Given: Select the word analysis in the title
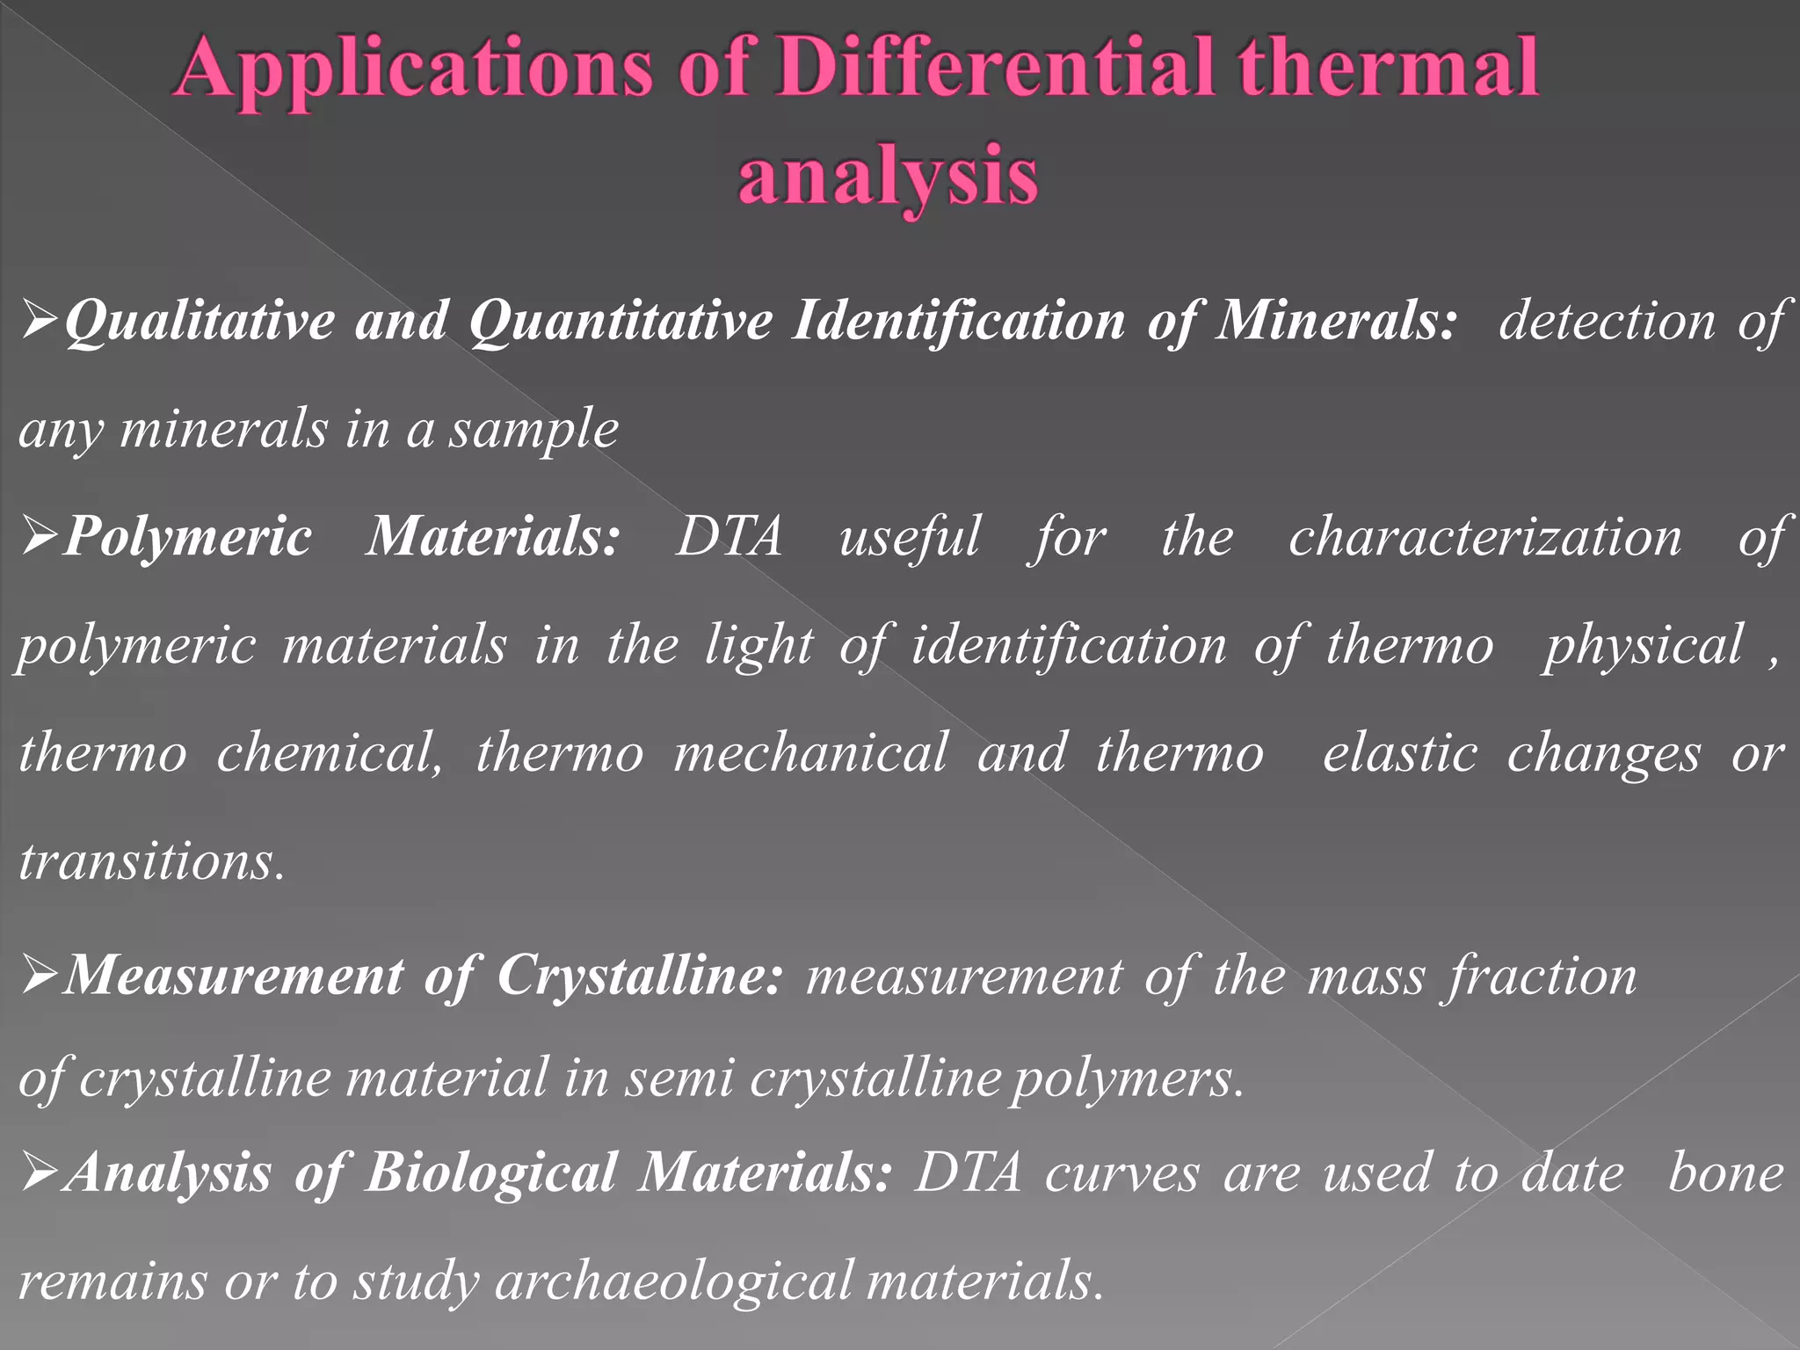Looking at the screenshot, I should point(888,177).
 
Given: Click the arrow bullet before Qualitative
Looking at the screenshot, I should point(40,322).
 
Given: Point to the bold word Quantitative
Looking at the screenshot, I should point(621,322).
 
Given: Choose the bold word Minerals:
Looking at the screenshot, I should point(1337,320).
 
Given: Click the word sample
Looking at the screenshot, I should point(534,430).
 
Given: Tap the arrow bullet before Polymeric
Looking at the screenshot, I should point(40,537).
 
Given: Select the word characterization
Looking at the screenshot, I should point(1484,537).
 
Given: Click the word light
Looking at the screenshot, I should point(759,646).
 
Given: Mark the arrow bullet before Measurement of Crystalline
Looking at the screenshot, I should point(40,976).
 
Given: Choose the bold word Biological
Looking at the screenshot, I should point(491,1173).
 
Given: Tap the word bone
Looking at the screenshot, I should point(1726,1173).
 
